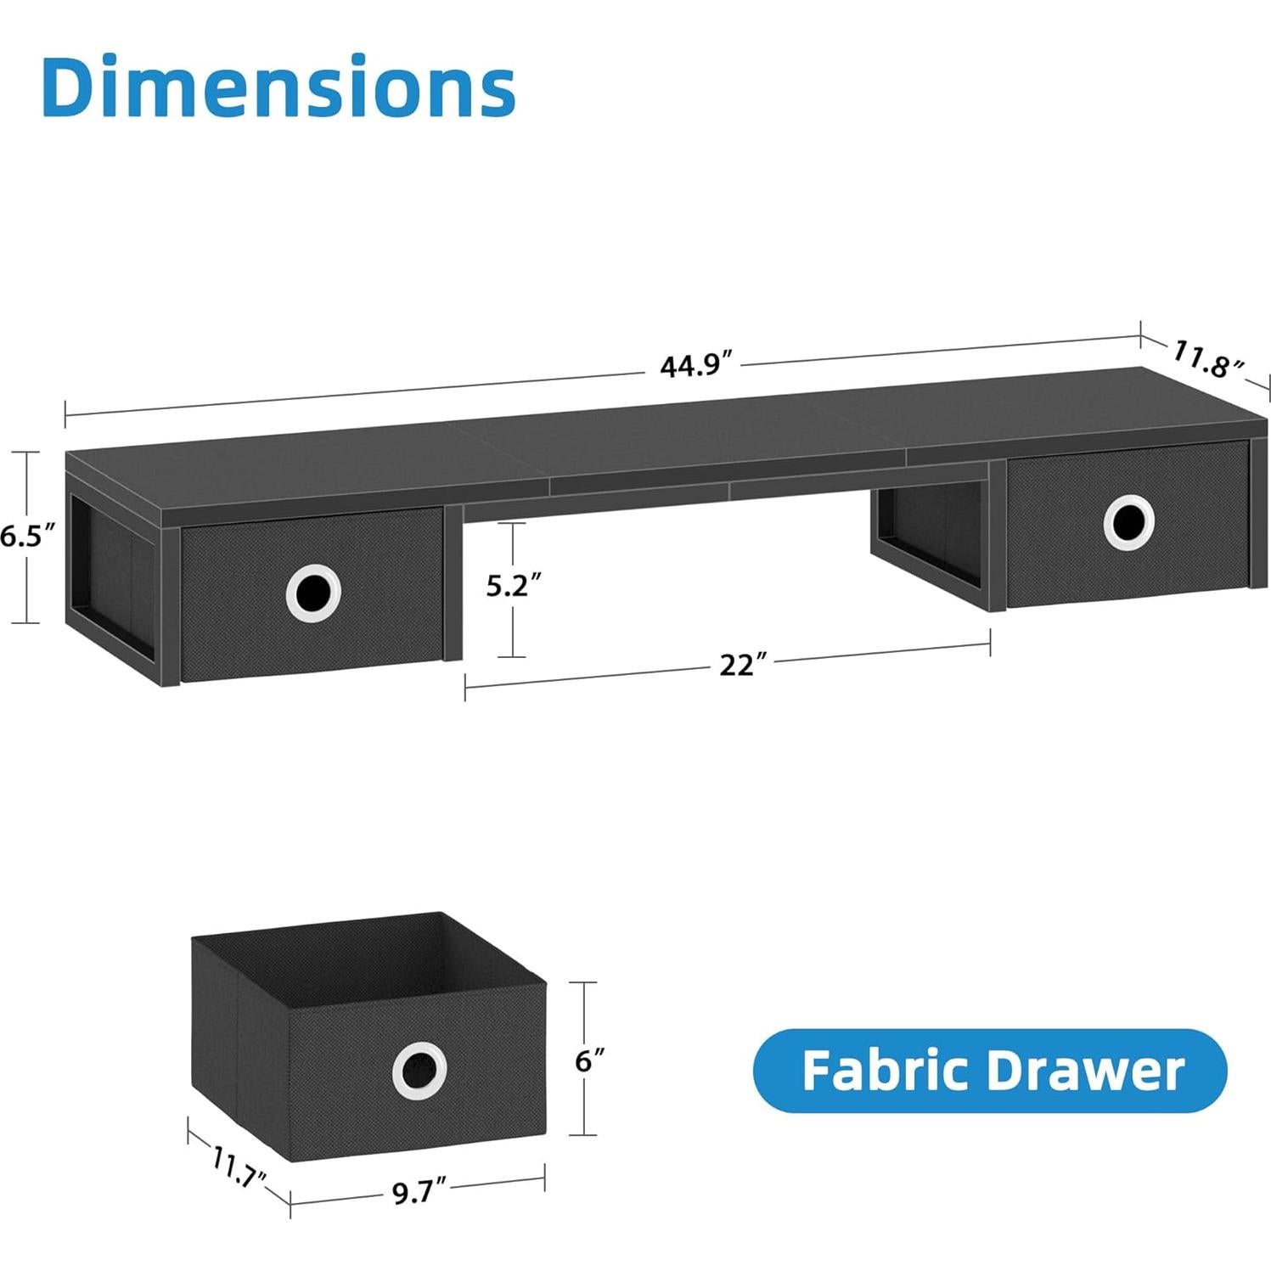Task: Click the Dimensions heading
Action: coord(278,87)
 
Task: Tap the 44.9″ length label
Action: coord(690,365)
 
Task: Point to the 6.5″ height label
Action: coord(27,537)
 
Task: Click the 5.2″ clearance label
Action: coord(513,586)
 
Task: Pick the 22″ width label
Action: coord(737,665)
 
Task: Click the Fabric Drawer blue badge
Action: coord(990,1071)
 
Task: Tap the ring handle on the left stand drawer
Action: coord(313,591)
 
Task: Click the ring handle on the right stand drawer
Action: coord(1128,522)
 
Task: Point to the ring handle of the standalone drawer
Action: coord(419,1071)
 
